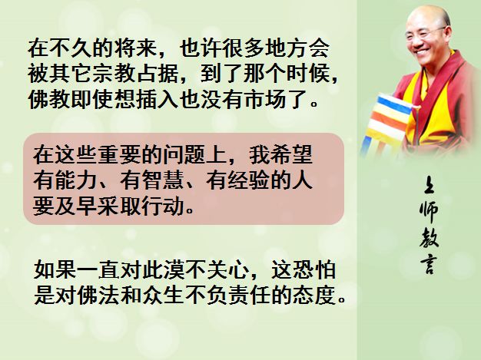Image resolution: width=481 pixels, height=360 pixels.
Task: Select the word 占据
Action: coord(157,74)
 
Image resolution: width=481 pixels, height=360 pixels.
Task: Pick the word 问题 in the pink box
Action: coord(184,155)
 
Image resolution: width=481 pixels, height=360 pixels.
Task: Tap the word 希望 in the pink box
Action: coord(292,155)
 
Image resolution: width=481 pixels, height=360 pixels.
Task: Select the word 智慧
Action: coord(163,180)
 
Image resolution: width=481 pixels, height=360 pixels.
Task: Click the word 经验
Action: coord(249,180)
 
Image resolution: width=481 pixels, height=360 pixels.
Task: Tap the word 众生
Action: coord(163,296)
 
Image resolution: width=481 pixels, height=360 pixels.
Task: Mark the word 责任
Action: coord(249,296)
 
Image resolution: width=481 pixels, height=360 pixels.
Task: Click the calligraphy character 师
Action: coord(429,211)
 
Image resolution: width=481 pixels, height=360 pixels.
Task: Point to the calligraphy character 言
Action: coord(428,264)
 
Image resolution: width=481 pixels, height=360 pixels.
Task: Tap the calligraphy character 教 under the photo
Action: coord(429,238)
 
